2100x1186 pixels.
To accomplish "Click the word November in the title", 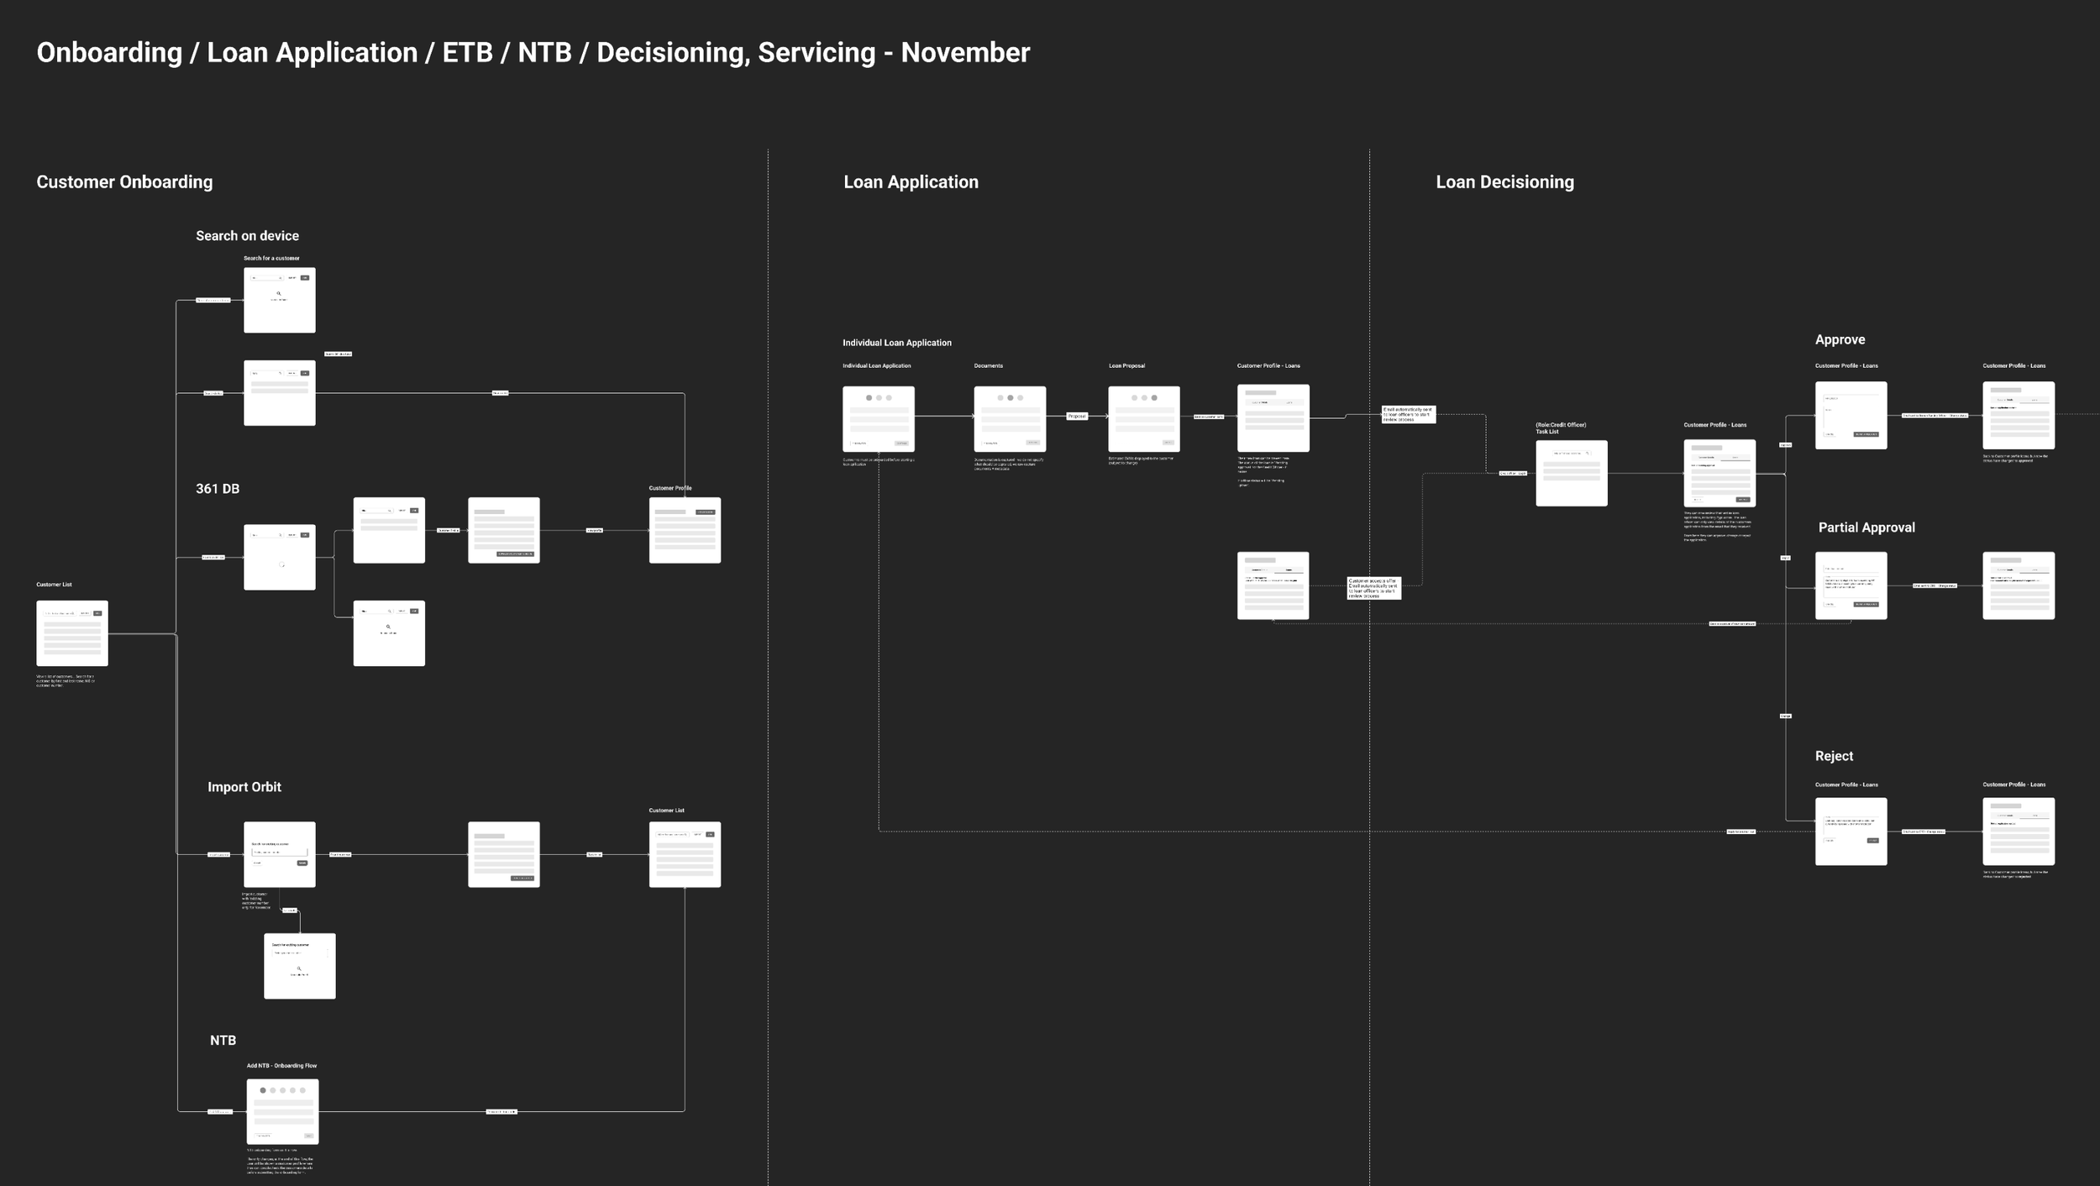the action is [965, 53].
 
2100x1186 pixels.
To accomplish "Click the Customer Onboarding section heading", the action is [124, 182].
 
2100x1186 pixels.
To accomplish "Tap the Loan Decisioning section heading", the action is [1504, 182].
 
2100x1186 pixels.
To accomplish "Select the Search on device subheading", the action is [247, 236].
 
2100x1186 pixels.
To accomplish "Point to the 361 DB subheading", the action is [218, 489].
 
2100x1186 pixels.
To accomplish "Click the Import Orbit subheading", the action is [244, 787].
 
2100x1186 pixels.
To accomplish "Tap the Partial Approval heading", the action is [1866, 527].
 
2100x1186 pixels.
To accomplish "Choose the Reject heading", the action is [1834, 756].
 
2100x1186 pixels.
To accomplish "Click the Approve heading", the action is [1840, 339].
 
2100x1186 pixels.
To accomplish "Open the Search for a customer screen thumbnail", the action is [280, 300].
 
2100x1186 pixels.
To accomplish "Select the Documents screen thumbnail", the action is [1010, 418].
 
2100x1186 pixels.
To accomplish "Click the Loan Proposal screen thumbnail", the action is [1143, 418].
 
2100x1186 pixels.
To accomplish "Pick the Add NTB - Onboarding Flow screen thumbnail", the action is [282, 1111].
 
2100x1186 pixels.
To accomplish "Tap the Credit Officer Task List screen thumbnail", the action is [1571, 473].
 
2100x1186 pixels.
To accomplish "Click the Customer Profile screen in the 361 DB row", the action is [685, 530].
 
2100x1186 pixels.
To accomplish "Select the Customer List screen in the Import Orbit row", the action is [685, 854].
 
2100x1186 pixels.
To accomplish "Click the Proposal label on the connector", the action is [1076, 416].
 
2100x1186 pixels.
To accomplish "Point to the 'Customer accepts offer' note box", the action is [1373, 588].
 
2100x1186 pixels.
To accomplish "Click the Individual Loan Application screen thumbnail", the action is [879, 418].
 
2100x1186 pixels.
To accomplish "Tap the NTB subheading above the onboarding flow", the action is [223, 1040].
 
